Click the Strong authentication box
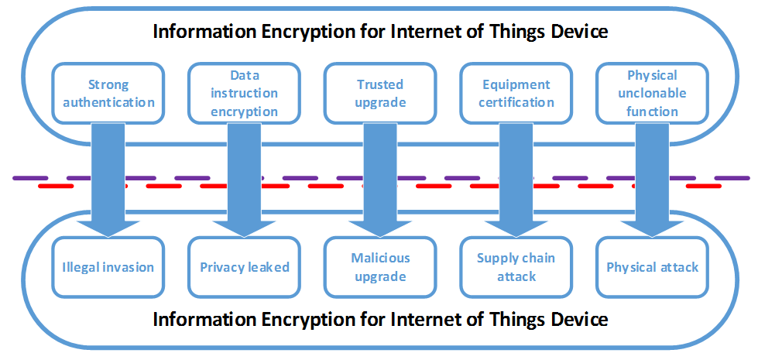pos(108,93)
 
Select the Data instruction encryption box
pos(244,93)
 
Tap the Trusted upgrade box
pos(380,93)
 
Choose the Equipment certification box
pos(516,93)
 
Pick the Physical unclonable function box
pos(652,93)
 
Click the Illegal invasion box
pos(108,267)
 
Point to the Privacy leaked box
pos(244,267)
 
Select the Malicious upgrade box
pos(380,267)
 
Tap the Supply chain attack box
pos(516,267)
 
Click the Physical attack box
pos(652,267)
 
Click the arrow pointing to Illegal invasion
pos(108,180)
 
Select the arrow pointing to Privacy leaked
pos(244,180)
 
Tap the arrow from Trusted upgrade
pos(380,180)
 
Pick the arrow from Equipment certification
pos(516,180)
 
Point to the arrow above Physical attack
pos(652,180)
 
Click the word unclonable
pos(652,93)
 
